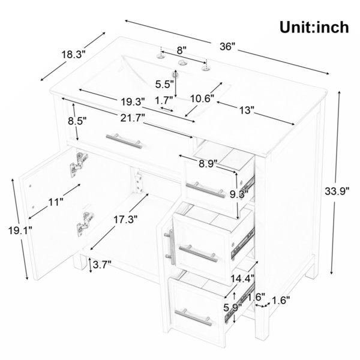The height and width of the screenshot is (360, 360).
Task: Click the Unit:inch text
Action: [x=314, y=28]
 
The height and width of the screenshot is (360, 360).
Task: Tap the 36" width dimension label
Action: [x=228, y=47]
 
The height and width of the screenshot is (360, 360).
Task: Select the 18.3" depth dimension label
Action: [x=73, y=55]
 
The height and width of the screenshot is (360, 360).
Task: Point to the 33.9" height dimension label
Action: [x=337, y=191]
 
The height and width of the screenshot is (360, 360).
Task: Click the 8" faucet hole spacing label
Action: [x=181, y=50]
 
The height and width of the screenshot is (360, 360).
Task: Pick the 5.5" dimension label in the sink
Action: [x=164, y=84]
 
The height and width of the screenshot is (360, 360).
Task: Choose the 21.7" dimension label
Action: [x=133, y=118]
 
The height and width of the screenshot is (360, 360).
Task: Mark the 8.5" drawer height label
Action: [x=77, y=121]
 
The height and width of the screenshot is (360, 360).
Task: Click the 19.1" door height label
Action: [x=20, y=230]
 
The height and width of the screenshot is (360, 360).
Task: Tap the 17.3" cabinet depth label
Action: [x=125, y=220]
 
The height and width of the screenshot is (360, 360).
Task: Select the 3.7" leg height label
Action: [x=102, y=265]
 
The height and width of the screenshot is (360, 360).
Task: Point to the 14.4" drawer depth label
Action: [x=242, y=278]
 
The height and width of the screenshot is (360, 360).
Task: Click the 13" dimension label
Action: [x=247, y=110]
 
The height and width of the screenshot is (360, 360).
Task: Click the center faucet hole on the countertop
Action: [x=183, y=62]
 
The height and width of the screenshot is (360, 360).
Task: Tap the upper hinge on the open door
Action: [x=79, y=164]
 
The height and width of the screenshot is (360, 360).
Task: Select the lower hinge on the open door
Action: [x=85, y=224]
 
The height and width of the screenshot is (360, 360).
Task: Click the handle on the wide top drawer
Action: [x=124, y=141]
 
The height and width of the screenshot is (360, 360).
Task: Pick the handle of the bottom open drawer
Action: [x=194, y=317]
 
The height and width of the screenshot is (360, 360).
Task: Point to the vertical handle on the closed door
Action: [x=170, y=247]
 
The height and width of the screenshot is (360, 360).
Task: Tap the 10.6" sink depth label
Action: [x=203, y=99]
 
